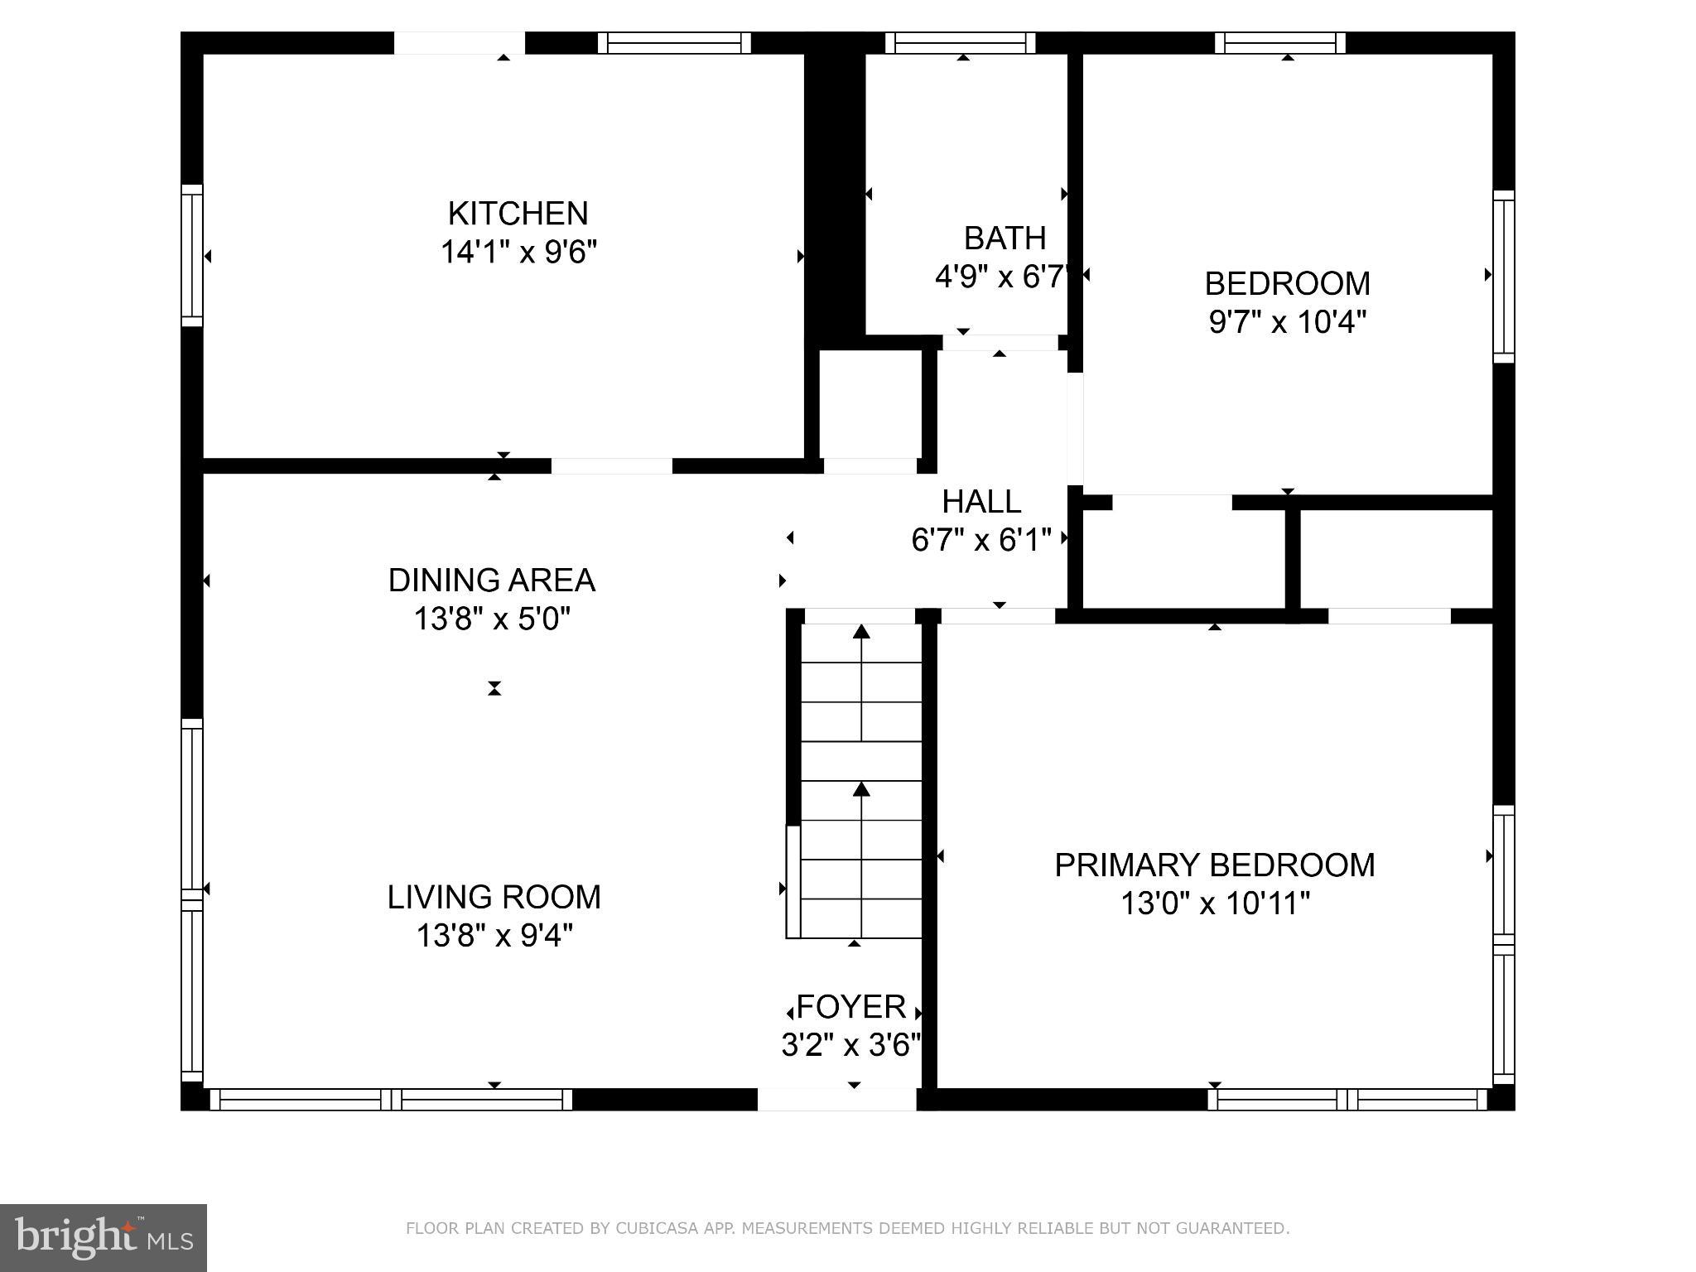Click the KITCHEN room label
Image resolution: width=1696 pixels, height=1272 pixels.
(x=518, y=214)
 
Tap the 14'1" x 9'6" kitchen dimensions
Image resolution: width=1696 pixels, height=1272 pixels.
(x=518, y=252)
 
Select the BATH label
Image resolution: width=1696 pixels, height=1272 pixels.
(x=1005, y=238)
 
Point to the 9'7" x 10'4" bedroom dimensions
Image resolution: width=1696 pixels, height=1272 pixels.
(x=1287, y=322)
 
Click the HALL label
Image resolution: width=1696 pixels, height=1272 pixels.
(x=981, y=502)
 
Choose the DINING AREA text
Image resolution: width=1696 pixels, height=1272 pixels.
(x=492, y=581)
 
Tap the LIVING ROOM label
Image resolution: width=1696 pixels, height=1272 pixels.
(x=494, y=898)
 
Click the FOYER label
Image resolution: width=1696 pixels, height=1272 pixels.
(x=851, y=1007)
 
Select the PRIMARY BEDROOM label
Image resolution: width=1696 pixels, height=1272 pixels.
(x=1214, y=865)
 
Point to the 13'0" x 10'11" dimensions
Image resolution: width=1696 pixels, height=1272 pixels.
(x=1214, y=903)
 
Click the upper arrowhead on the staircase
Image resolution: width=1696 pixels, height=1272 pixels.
(x=861, y=633)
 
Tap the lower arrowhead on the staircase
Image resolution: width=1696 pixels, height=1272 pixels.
(x=861, y=789)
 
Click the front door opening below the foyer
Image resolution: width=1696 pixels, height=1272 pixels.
(x=836, y=1099)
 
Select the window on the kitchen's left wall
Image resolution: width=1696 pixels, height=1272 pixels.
(x=192, y=255)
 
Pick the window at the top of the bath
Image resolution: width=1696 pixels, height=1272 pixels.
(x=961, y=43)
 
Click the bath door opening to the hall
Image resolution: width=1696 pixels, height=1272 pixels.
(x=1000, y=343)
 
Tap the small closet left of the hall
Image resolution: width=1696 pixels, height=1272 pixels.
(x=870, y=404)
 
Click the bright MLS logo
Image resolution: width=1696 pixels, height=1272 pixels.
(x=104, y=1237)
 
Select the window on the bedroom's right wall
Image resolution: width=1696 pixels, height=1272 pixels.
(x=1503, y=277)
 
